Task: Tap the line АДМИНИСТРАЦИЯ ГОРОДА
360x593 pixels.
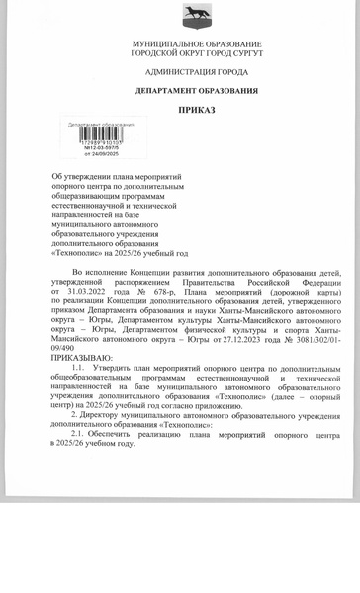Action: [196, 72]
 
